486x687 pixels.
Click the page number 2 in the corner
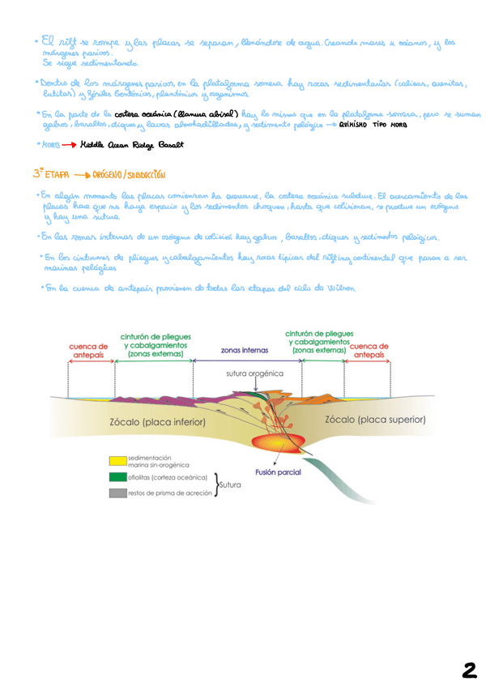pos(469,669)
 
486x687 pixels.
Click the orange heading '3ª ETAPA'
pos(49,173)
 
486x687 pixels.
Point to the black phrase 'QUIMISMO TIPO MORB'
pos(374,126)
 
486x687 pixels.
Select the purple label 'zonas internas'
pos(246,351)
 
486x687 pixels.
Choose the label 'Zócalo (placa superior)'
pos(375,420)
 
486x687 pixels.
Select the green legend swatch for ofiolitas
pos(119,477)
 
